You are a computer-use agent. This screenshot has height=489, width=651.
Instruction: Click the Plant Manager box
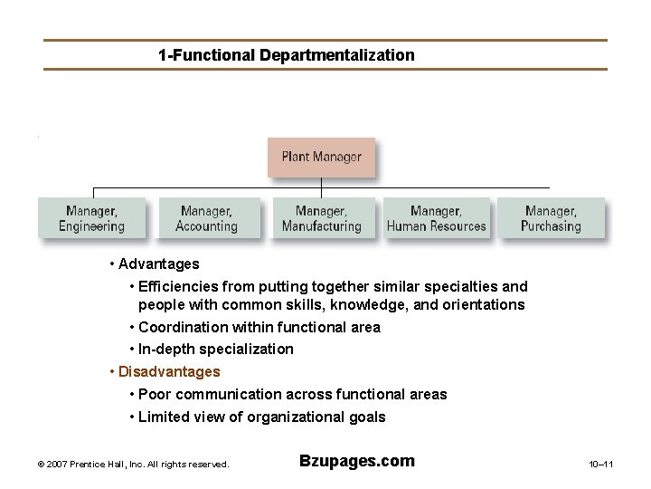[x=321, y=157]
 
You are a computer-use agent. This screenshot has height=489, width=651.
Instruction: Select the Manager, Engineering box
[x=91, y=218]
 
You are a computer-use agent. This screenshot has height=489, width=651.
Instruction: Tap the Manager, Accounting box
[x=206, y=218]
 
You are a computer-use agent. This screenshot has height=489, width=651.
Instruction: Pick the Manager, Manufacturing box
[x=321, y=218]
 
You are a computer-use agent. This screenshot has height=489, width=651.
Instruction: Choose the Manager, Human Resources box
[x=436, y=218]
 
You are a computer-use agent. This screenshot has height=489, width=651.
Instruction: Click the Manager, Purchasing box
[x=551, y=218]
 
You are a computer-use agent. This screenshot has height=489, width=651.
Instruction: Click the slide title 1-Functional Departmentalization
[x=286, y=55]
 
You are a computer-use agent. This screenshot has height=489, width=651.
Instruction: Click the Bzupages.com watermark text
[x=356, y=461]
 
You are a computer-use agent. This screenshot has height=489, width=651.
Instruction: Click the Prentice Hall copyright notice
[x=134, y=465]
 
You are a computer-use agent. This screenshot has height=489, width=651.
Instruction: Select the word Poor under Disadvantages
[x=155, y=395]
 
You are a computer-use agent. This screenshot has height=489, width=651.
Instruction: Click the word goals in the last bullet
[x=366, y=417]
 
